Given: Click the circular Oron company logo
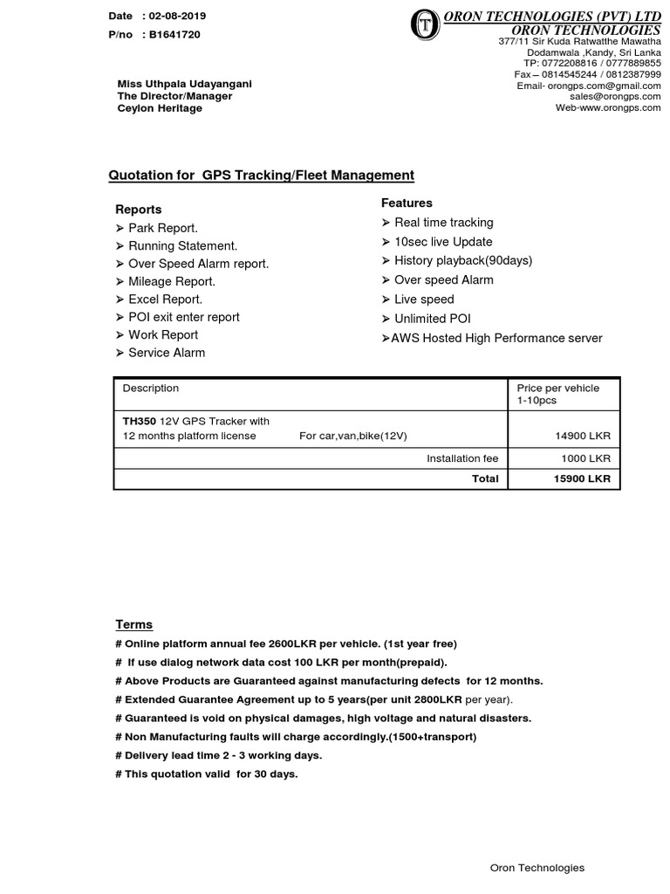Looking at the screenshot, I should tap(425, 25).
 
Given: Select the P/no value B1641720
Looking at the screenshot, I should tap(176, 35).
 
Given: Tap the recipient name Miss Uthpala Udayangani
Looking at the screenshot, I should tap(185, 84).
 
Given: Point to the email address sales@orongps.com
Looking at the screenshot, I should tap(615, 97).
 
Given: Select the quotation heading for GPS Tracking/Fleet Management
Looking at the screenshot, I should tap(261, 175).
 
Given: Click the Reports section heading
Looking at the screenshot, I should tap(139, 210).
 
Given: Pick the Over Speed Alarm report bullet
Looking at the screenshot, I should tap(198, 264).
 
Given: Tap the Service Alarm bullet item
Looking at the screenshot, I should tap(167, 353).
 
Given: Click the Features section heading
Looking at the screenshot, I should tap(407, 203).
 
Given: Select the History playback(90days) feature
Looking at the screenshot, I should tap(462, 260).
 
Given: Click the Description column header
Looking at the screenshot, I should tap(150, 389).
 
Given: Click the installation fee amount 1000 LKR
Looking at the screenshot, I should tap(585, 458).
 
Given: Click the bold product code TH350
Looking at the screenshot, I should tap(138, 421).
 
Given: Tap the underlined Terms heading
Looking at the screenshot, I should tap(134, 624).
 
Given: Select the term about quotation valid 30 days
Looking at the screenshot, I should tap(206, 774).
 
